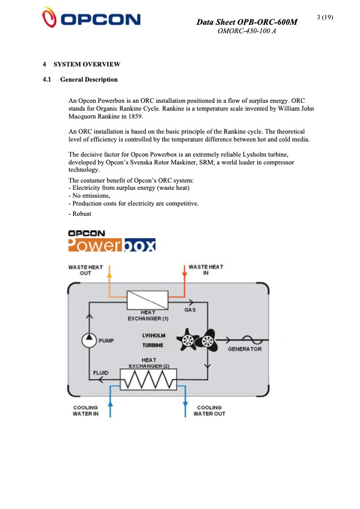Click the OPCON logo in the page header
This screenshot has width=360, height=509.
click(91, 19)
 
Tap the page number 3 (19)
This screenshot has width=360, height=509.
click(325, 16)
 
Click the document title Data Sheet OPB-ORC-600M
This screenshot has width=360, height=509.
click(247, 22)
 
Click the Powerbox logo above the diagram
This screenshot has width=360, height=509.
click(112, 241)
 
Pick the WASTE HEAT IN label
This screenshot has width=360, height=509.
click(206, 270)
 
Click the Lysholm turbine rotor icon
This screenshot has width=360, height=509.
click(195, 340)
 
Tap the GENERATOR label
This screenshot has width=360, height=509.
click(244, 349)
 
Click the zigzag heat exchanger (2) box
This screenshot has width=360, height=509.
click(148, 380)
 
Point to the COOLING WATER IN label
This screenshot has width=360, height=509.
click(86, 410)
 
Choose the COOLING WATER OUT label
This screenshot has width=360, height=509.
click(209, 410)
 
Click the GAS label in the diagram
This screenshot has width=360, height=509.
click(190, 310)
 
